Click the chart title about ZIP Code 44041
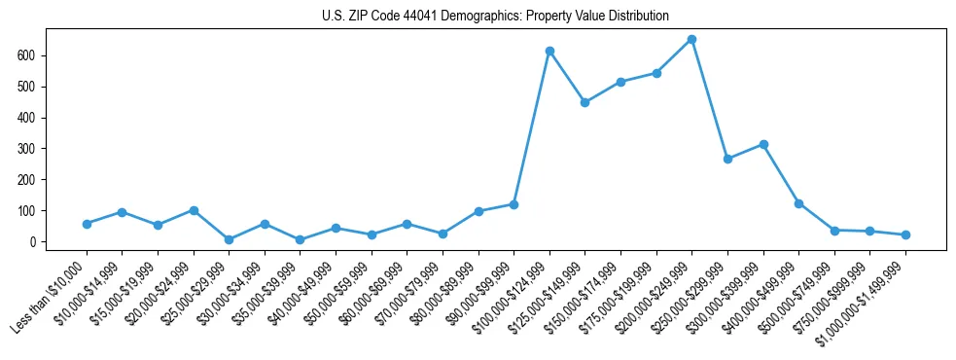click(x=495, y=16)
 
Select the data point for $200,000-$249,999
click(x=691, y=40)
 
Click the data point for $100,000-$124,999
click(x=549, y=51)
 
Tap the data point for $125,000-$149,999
click(x=585, y=102)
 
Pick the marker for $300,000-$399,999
click(x=763, y=144)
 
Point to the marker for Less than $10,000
click(x=87, y=224)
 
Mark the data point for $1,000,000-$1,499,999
click(x=905, y=234)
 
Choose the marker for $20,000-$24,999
click(x=194, y=210)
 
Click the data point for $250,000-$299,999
click(x=727, y=159)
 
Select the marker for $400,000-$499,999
click(x=798, y=203)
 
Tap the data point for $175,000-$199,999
click(x=656, y=73)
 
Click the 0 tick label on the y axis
click(x=33, y=241)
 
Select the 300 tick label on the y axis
click(x=27, y=149)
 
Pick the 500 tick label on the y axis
click(x=27, y=87)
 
